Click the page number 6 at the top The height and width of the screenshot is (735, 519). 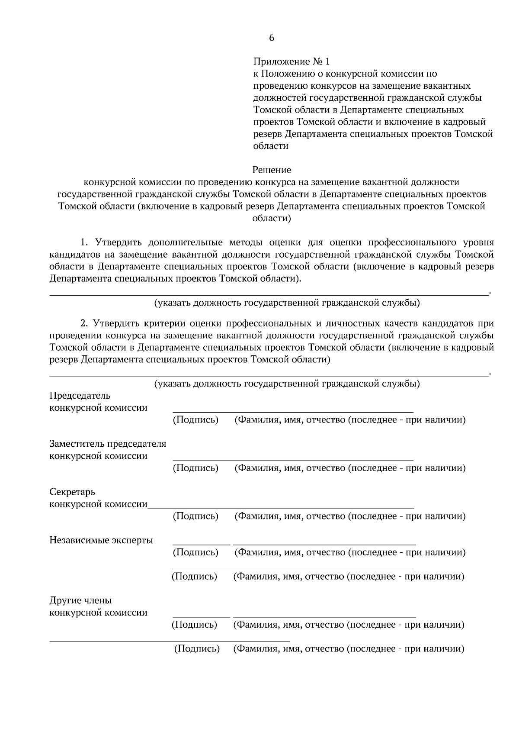pos(272,38)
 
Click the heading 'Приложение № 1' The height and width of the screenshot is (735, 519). pos(292,61)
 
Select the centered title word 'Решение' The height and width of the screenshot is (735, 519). pos(272,170)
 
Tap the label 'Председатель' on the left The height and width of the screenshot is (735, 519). pos(80,396)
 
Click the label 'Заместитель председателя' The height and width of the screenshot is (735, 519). pos(108,444)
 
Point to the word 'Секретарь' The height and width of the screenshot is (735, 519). pos(72,492)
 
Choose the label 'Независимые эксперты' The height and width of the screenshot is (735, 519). pos(101,540)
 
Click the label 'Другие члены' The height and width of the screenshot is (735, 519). pos(80,600)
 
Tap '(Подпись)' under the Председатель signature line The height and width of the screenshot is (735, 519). pos(195,420)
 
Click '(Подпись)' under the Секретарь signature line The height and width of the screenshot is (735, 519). pos(195,516)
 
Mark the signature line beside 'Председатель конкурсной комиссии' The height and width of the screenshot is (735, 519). pos(293,411)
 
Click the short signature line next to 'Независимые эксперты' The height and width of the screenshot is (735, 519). pos(202,544)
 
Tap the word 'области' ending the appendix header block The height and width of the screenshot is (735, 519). pos(271,146)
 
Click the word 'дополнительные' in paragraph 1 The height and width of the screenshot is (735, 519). pos(186,242)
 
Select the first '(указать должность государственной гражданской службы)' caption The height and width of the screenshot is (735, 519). pos(287,303)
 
